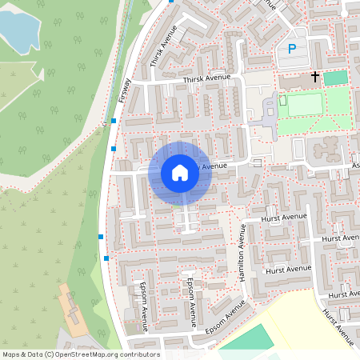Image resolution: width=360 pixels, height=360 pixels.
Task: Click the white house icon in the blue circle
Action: [x=180, y=173]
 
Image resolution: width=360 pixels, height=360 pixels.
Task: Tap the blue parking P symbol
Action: [x=292, y=50]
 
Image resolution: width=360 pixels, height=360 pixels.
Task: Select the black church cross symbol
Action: [x=315, y=78]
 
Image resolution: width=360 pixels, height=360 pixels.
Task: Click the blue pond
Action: [x=18, y=30]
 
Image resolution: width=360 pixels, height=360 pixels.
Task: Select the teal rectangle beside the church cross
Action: [x=335, y=78]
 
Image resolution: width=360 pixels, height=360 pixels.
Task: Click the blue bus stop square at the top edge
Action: [x=170, y=2]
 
